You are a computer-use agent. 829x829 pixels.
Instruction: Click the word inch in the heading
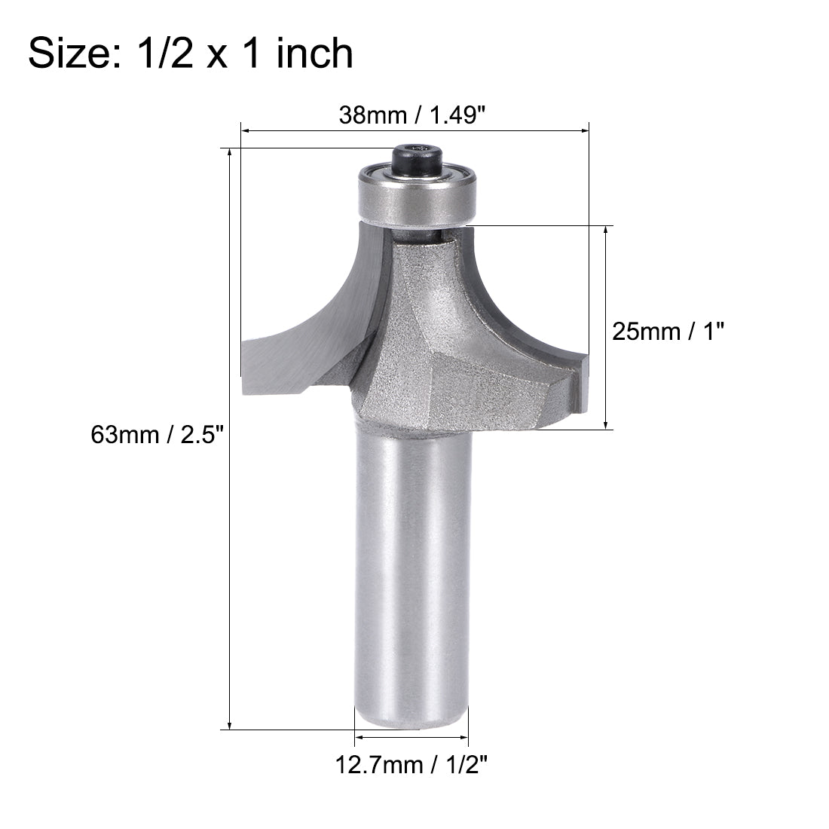point(314,54)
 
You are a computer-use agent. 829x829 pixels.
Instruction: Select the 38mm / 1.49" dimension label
point(413,115)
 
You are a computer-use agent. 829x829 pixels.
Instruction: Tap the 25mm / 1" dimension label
point(662,331)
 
